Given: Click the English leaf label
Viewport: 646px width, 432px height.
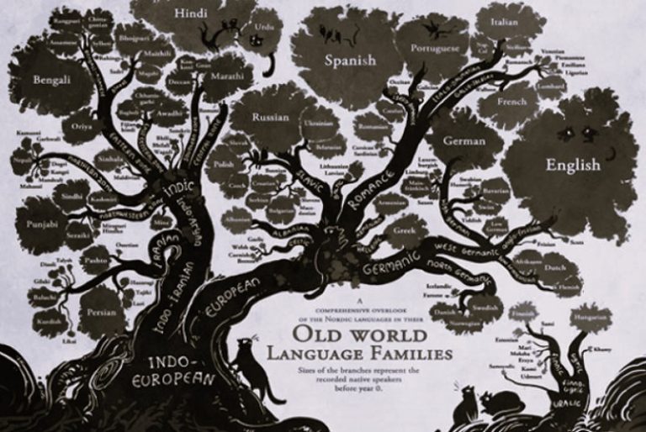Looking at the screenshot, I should pos(573,164).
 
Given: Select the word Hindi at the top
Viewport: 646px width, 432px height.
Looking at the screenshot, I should pos(192,14).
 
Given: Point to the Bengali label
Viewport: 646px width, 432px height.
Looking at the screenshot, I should pos(50,81).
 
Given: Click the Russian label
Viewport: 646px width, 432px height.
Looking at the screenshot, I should pos(271,118).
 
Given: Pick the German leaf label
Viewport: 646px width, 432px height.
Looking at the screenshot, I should pos(464,140).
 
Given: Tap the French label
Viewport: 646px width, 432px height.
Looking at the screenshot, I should pos(511,102).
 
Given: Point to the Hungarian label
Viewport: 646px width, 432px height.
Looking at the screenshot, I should pos(590,319).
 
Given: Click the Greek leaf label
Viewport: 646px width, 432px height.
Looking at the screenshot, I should pos(406,228).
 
